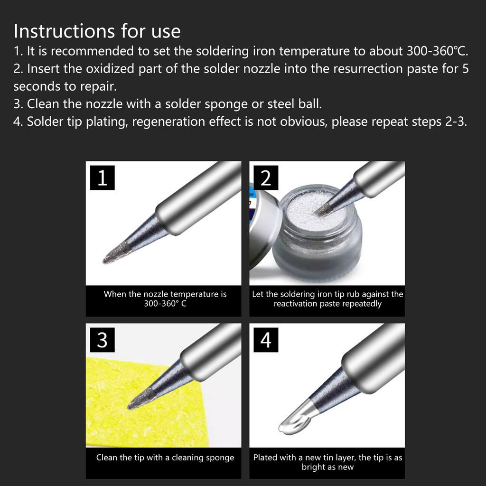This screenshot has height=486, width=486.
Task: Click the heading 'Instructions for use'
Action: click(x=97, y=31)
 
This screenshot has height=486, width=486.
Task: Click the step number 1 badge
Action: click(x=102, y=178)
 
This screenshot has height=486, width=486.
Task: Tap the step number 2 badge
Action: click(x=266, y=178)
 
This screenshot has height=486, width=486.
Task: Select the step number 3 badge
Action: click(x=102, y=340)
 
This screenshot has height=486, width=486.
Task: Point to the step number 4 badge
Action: click(x=266, y=340)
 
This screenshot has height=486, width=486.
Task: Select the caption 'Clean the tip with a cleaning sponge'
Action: click(x=165, y=458)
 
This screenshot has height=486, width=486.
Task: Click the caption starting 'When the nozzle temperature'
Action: click(x=165, y=299)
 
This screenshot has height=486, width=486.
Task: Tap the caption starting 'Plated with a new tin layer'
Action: click(x=327, y=462)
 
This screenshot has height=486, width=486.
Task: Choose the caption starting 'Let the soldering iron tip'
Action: click(x=327, y=299)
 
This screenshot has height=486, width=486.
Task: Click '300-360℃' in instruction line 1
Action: click(x=437, y=51)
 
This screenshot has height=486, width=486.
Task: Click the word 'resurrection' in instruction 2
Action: click(x=359, y=69)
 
